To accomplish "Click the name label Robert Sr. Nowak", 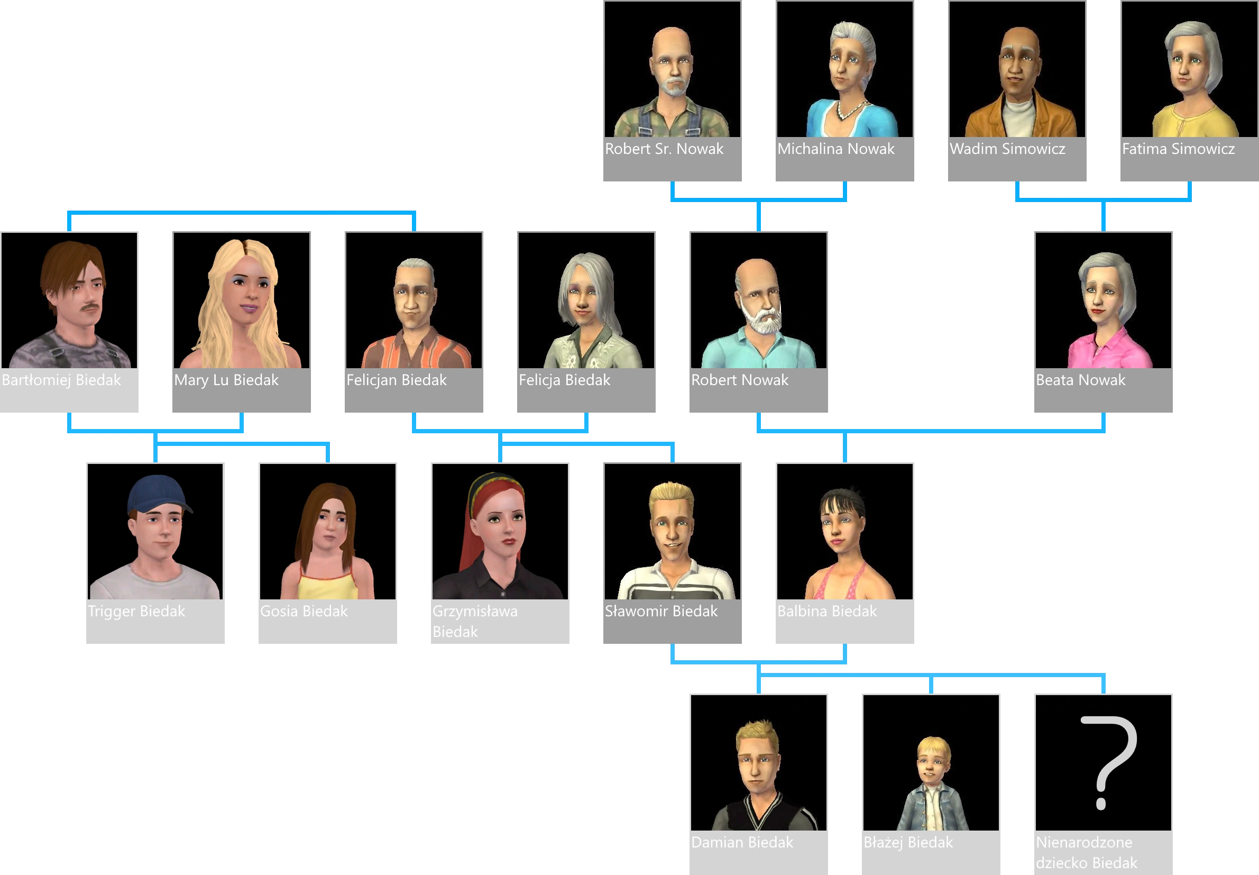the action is [x=664, y=149].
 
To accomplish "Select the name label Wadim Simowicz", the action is [x=1007, y=149].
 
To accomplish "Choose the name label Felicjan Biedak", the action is [x=396, y=380].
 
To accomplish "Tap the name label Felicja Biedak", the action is [x=564, y=380].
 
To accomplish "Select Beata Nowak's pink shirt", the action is [x=1107, y=351].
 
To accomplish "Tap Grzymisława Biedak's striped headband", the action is [x=496, y=482].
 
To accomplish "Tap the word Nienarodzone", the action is [x=1083, y=842].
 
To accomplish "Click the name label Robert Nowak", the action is [x=739, y=380].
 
